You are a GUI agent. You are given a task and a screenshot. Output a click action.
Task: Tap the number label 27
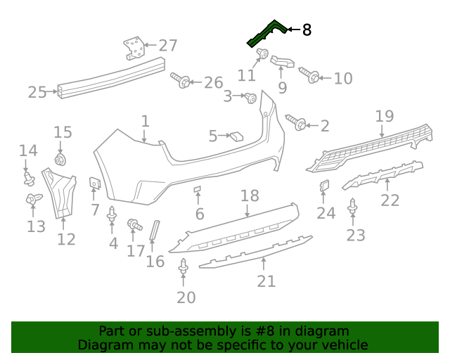click(x=168, y=46)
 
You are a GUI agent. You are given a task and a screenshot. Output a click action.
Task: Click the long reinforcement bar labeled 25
click(x=112, y=78)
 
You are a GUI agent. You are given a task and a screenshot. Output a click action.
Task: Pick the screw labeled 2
click(x=297, y=123)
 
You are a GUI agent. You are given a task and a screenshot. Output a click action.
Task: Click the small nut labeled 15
click(x=60, y=159)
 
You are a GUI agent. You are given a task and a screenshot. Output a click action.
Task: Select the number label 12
click(x=66, y=240)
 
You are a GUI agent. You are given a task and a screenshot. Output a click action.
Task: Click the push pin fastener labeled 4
click(x=112, y=215)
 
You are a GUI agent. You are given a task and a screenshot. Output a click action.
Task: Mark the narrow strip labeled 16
click(x=155, y=230)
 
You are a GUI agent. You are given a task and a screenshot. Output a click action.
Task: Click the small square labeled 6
click(x=198, y=189)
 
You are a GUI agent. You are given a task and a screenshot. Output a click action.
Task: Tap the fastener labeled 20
click(x=184, y=267)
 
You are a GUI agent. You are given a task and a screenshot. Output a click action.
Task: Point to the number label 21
click(x=266, y=281)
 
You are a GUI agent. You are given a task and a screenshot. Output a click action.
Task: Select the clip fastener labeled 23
click(x=353, y=207)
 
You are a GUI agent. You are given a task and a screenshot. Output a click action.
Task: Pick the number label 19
click(x=384, y=116)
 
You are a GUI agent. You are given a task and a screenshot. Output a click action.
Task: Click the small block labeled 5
click(x=236, y=136)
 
